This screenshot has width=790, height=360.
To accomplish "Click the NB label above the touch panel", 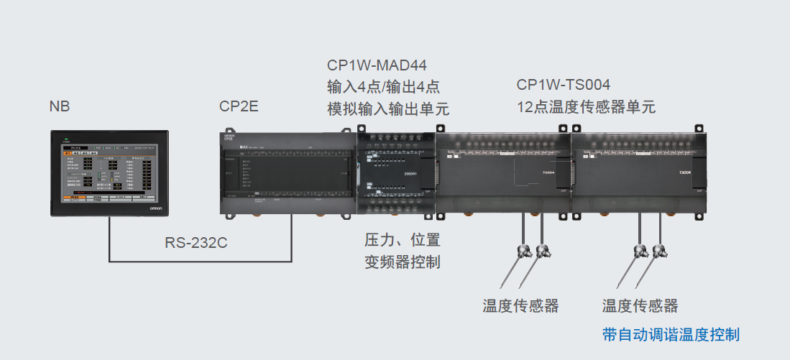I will [x=60, y=107].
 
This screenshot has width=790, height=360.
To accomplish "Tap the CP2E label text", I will [x=238, y=107].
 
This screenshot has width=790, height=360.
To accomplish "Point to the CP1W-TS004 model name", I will [x=564, y=85].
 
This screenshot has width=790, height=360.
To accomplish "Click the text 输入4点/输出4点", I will [x=383, y=88].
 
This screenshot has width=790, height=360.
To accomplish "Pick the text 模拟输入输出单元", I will [x=388, y=109].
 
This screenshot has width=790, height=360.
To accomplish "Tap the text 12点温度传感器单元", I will [x=586, y=107].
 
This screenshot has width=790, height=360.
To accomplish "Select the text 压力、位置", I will [x=402, y=239].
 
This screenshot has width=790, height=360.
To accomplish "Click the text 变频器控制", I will [x=402, y=262].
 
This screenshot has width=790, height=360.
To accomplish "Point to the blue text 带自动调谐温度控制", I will [x=671, y=334].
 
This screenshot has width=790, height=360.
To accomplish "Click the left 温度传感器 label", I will [x=520, y=305].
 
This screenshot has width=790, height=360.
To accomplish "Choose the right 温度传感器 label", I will [x=640, y=305].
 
